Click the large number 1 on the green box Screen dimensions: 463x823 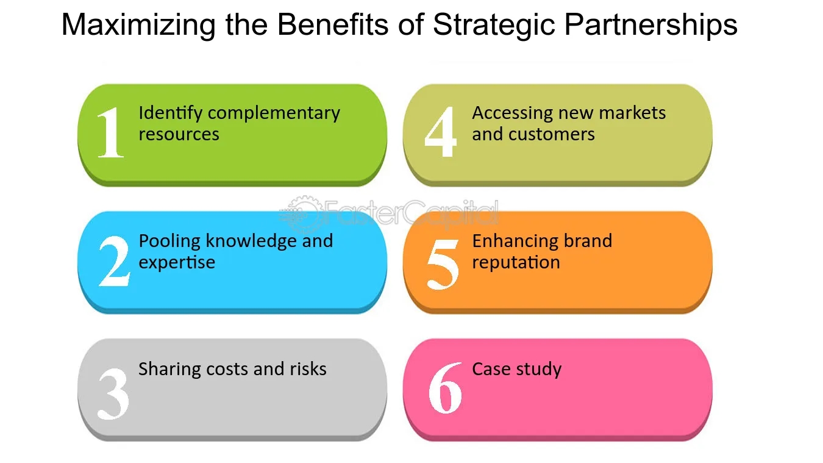click(111, 132)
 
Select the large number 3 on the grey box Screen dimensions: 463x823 click(113, 390)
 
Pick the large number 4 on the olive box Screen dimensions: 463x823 click(440, 132)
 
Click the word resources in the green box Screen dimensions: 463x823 click(179, 134)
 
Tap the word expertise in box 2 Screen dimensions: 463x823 click(177, 263)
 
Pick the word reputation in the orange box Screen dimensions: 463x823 click(516, 263)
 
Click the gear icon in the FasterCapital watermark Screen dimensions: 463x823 click(300, 212)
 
